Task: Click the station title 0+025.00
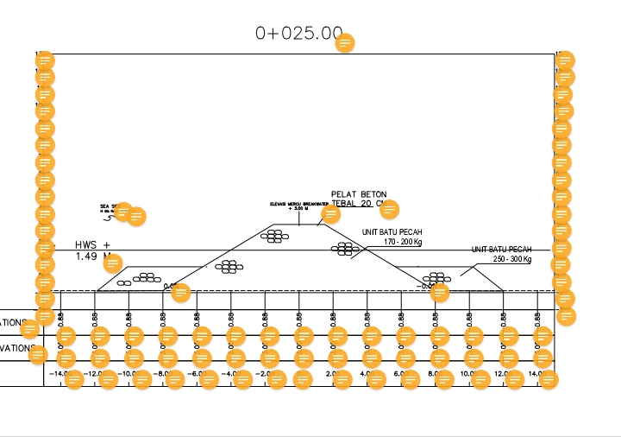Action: pos(298,33)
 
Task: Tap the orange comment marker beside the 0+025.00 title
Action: pos(345,42)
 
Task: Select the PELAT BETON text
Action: pos(359,194)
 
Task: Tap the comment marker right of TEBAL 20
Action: pos(390,209)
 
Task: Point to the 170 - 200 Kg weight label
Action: pos(402,242)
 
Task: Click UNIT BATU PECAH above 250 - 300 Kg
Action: pos(500,250)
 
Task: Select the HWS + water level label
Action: pos(92,245)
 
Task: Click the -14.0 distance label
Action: pos(59,374)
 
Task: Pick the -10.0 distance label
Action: pos(126,374)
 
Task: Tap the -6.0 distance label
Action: pos(194,374)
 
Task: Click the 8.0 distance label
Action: pos(434,374)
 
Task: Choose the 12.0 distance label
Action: pos(501,374)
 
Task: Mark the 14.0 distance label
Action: pos(535,374)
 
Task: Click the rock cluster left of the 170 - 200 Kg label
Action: pos(345,249)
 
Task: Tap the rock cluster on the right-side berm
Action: pos(437,277)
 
